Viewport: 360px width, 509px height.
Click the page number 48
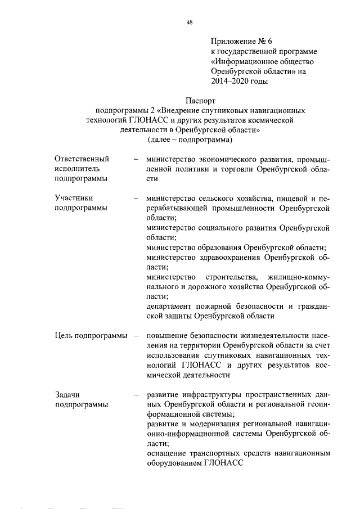point(189,22)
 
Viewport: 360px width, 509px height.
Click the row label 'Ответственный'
point(82,159)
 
